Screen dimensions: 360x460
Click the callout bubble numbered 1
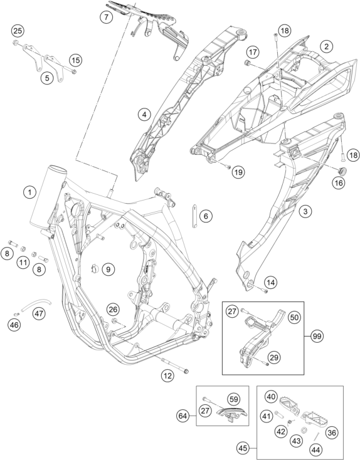point(29,192)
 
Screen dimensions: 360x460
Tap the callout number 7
point(106,17)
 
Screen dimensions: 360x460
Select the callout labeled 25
point(18,31)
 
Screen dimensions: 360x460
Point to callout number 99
point(317,336)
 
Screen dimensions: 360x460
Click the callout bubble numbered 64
point(183,416)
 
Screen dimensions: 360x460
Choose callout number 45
point(243,448)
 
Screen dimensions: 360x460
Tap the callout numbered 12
point(167,375)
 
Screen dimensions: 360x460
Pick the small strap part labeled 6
point(194,216)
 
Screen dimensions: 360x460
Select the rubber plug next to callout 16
point(342,170)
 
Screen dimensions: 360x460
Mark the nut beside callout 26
point(115,320)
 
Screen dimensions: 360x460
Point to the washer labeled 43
point(304,430)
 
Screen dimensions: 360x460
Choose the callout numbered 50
point(294,317)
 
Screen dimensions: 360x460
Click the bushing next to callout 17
point(247,63)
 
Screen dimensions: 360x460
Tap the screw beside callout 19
point(228,167)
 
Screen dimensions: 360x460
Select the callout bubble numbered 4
point(144,114)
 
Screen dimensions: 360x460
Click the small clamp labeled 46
point(17,314)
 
